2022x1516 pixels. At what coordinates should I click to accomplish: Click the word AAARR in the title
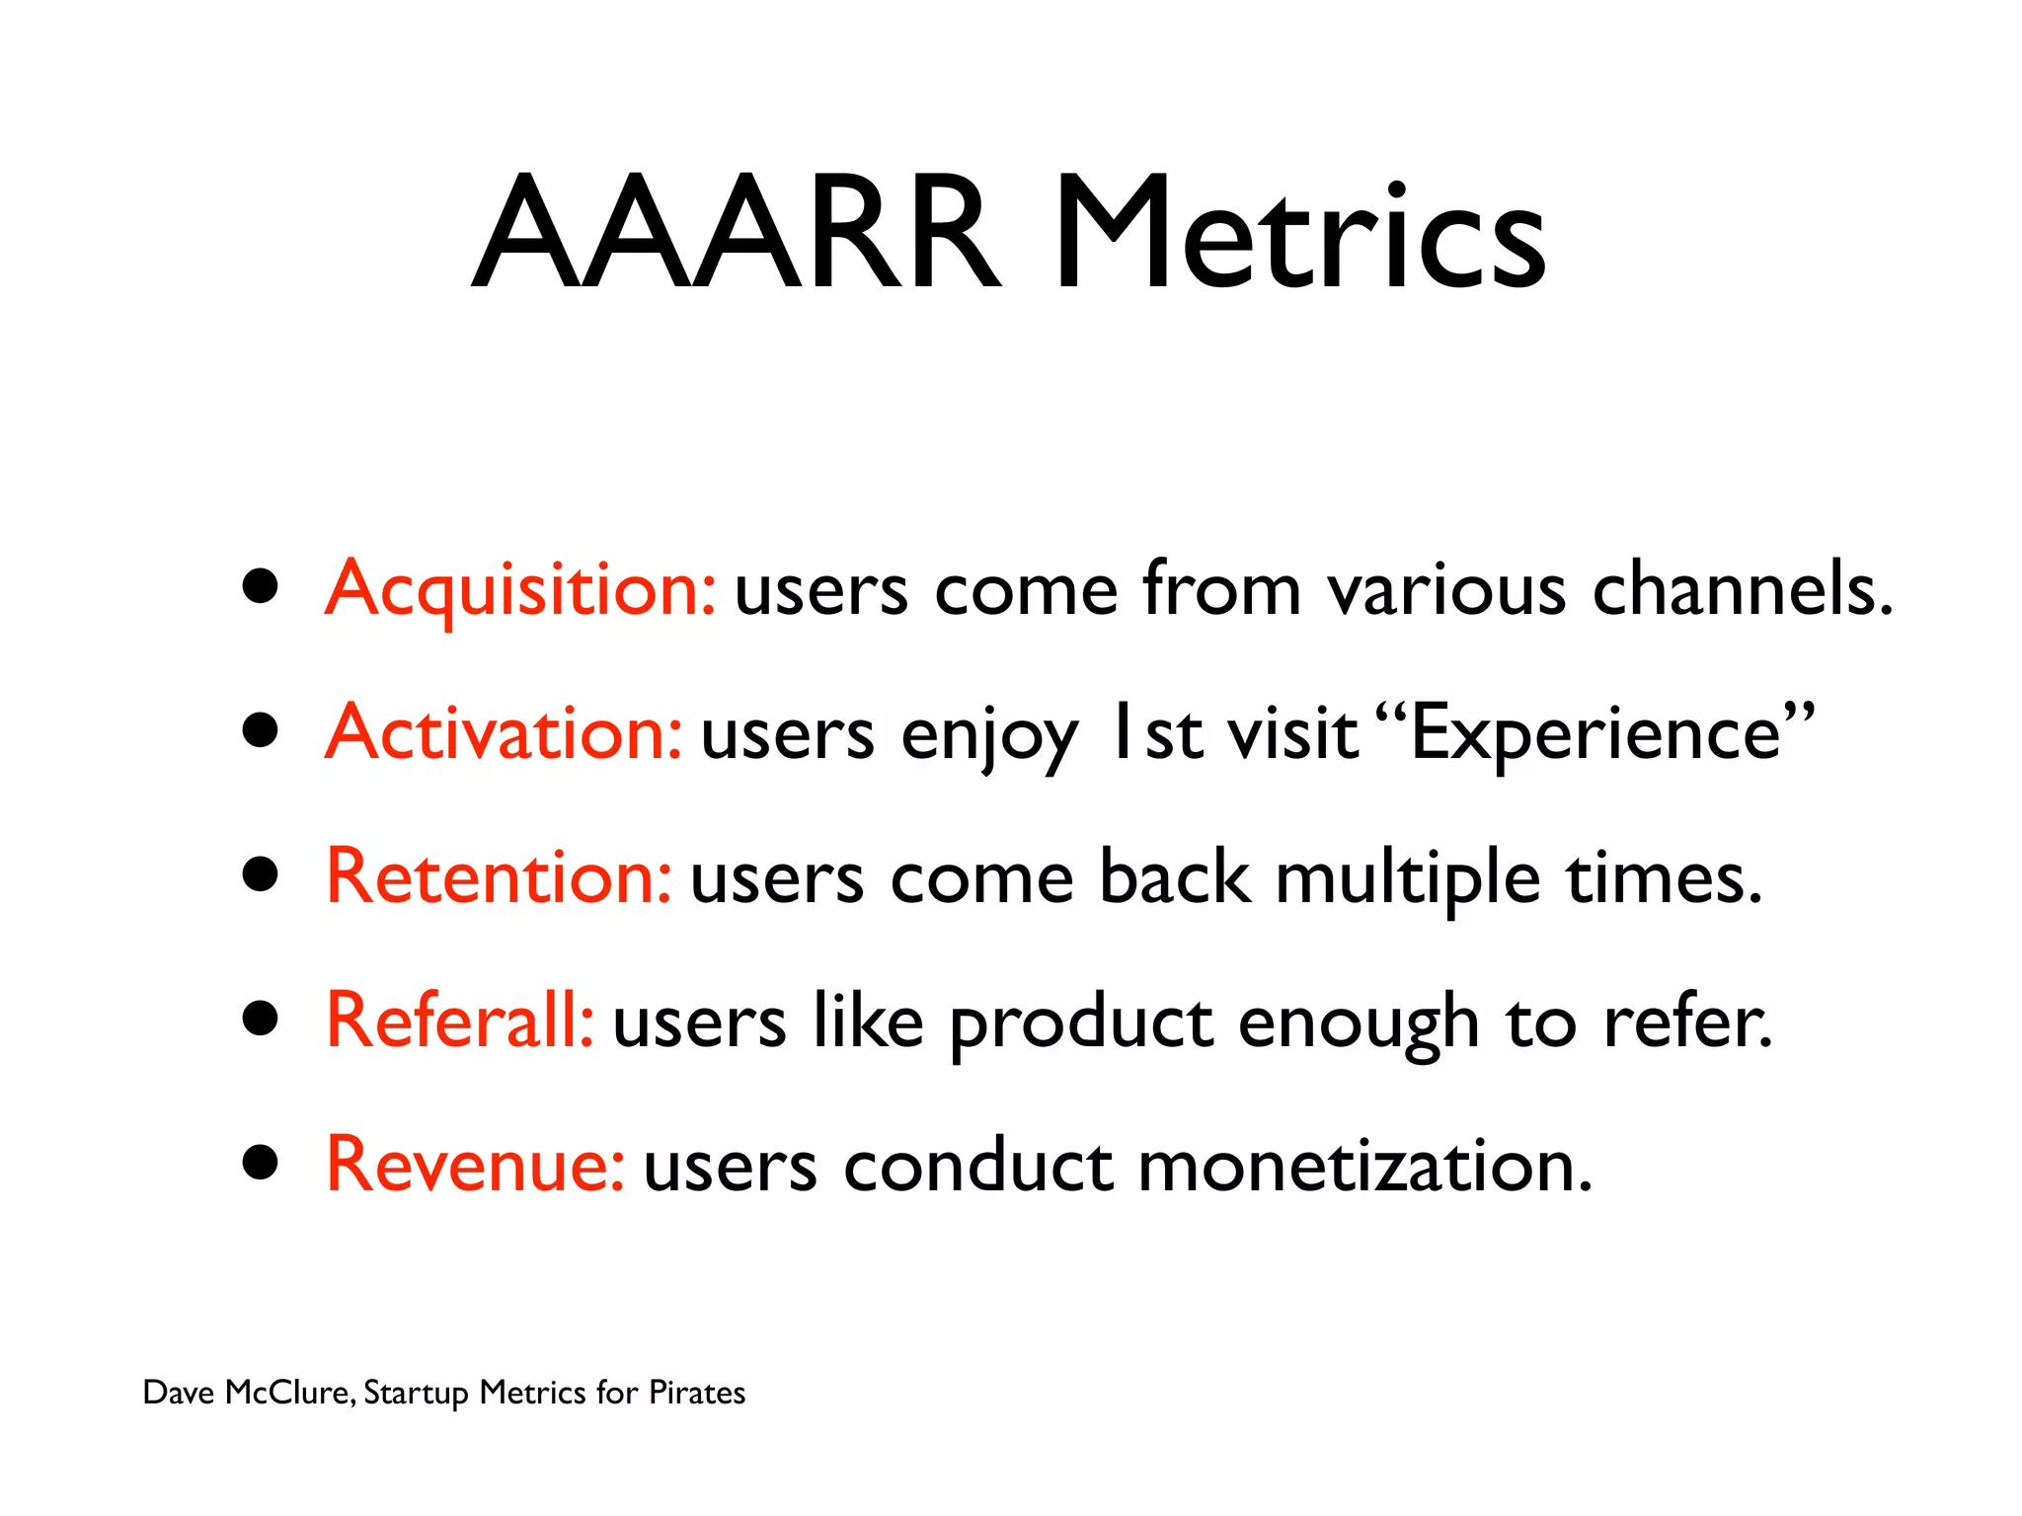coord(736,234)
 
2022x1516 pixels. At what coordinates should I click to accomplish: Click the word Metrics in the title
coord(1298,234)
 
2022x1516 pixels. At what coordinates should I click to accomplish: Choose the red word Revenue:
coord(475,1166)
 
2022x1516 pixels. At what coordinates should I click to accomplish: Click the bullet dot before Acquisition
coord(261,587)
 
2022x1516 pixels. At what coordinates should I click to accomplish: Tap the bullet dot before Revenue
coord(261,1163)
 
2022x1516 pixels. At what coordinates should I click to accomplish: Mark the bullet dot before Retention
coord(261,874)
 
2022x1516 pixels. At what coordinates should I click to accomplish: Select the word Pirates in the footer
coord(696,1393)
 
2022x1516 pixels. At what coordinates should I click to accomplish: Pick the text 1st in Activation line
coord(1155,733)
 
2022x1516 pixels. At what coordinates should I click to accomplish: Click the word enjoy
coord(988,737)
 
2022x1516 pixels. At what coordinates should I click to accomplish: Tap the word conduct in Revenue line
coord(977,1166)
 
